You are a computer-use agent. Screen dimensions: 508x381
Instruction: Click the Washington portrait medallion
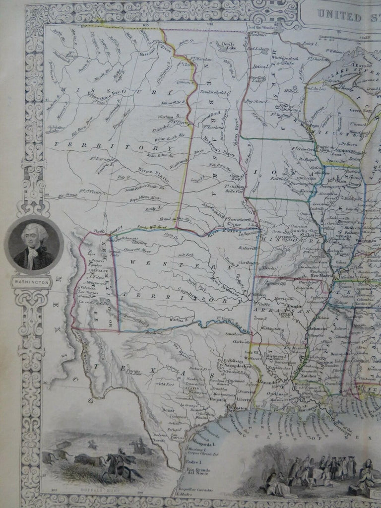(33, 246)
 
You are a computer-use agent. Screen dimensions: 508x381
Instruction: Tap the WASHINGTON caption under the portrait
(33, 282)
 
